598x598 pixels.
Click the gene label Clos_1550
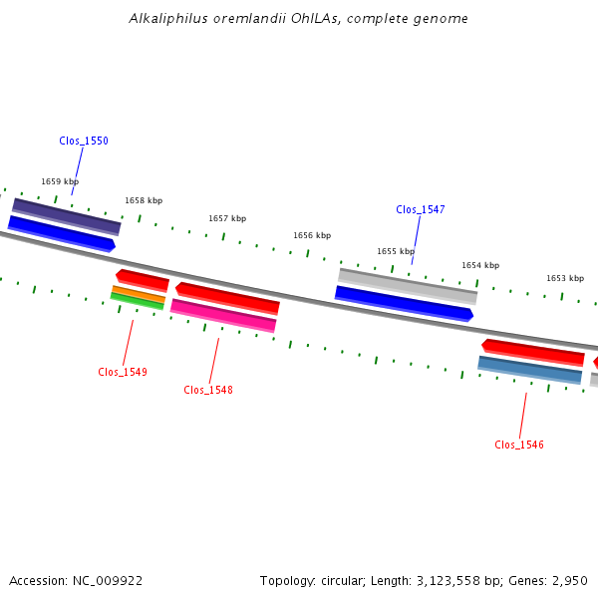pos(84,141)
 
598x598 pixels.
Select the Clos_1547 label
pos(421,209)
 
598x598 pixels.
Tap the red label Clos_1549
pos(123,372)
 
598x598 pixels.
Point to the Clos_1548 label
pos(208,390)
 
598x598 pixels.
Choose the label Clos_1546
pos(519,445)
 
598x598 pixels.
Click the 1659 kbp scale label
pos(60,181)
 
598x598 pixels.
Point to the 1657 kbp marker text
pos(227,218)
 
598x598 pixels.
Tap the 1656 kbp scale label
pos(312,235)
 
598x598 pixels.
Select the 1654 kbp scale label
pos(480,265)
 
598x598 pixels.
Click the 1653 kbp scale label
pos(565,278)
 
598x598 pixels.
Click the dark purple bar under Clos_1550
pos(67,216)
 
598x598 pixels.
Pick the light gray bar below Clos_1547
pos(408,286)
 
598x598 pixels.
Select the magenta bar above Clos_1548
pos(223,316)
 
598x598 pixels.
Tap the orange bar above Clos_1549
pos(139,294)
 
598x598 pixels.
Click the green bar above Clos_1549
pos(137,301)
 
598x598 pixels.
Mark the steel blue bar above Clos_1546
pos(530,370)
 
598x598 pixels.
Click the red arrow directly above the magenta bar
pos(227,299)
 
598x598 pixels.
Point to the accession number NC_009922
pos(108,581)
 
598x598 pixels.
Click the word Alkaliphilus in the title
pos(168,18)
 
